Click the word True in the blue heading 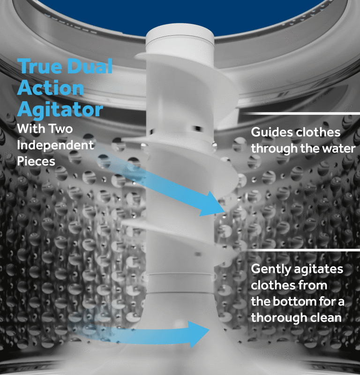pyautogui.click(x=40, y=66)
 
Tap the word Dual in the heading pyautogui.click(x=90, y=66)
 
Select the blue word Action pyautogui.click(x=51, y=88)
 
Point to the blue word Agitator pyautogui.click(x=60, y=110)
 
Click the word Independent pyautogui.click(x=55, y=145)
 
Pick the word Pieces pyautogui.click(x=36, y=161)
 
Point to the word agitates pyautogui.click(x=319, y=270)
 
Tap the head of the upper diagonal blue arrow pyautogui.click(x=212, y=204)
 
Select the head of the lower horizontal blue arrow pyautogui.click(x=198, y=334)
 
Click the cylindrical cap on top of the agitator pyautogui.click(x=180, y=39)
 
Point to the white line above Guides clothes pyautogui.click(x=301, y=113)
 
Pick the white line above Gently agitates pyautogui.click(x=301, y=250)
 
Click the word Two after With pyautogui.click(x=60, y=129)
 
